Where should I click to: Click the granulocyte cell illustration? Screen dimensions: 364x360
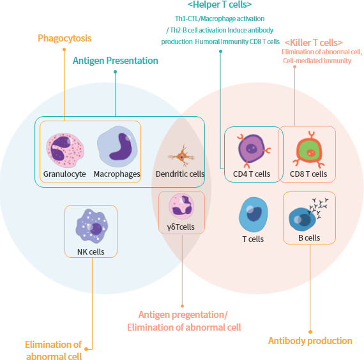[x=65, y=150]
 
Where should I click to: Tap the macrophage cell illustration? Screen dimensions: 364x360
[x=118, y=146]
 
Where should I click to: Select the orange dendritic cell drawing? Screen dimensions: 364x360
[x=181, y=156]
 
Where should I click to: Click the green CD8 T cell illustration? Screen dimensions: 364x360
[x=308, y=149]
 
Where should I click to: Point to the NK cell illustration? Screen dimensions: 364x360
[x=92, y=225]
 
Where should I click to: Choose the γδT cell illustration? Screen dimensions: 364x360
[x=181, y=206]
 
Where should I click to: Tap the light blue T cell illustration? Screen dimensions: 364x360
[x=254, y=214]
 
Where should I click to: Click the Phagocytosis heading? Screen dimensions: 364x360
[x=64, y=38]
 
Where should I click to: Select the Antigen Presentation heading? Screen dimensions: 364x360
[x=116, y=61]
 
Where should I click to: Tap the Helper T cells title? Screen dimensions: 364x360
[x=220, y=4]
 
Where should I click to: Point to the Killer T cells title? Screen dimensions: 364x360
[x=314, y=43]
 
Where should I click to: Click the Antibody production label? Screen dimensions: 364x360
[x=310, y=341]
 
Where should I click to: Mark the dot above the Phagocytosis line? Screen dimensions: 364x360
[x=64, y=49]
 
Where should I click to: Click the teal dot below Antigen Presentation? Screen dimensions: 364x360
[x=116, y=72]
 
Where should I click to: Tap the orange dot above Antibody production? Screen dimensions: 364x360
[x=310, y=332]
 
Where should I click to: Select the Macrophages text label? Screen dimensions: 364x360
[x=117, y=174]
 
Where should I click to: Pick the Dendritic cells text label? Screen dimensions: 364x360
[x=180, y=174]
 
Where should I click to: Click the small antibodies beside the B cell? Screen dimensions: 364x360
[x=318, y=208]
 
